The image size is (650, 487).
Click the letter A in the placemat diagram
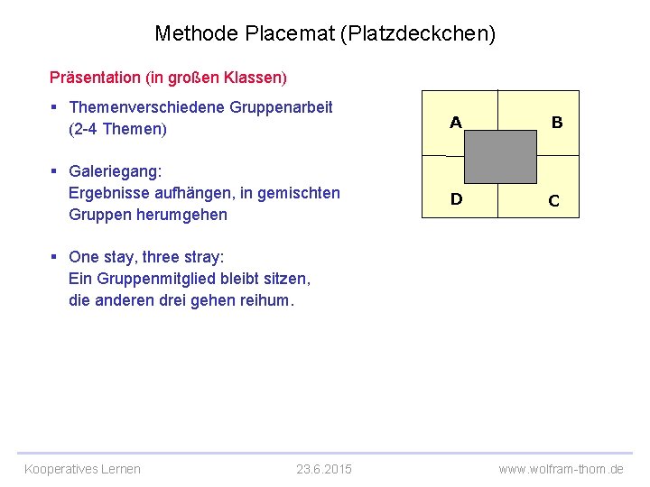(x=456, y=123)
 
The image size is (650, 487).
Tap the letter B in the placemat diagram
(x=557, y=123)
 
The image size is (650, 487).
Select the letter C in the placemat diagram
(x=553, y=201)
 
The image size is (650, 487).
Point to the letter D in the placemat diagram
(x=456, y=199)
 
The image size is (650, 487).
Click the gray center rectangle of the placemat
(x=501, y=157)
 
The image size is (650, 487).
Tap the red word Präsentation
(x=95, y=78)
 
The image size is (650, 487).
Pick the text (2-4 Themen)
(x=117, y=129)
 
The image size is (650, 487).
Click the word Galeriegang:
(x=115, y=171)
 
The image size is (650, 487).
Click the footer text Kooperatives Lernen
(x=82, y=469)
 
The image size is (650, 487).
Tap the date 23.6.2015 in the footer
(x=324, y=469)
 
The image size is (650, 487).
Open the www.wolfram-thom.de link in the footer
(x=561, y=469)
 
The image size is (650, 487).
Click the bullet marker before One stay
(x=54, y=257)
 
